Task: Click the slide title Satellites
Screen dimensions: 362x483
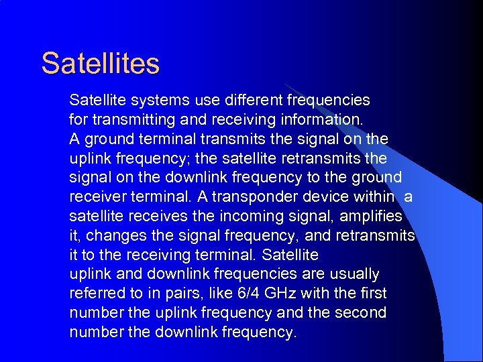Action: (x=101, y=64)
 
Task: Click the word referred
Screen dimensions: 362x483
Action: (x=96, y=294)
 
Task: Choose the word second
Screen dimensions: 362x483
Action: (x=362, y=313)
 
